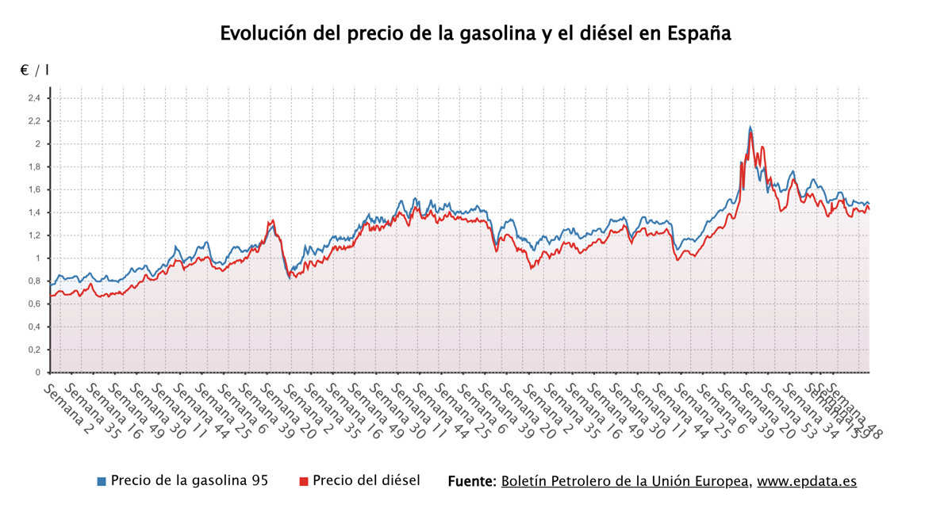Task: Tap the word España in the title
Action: pos(699,34)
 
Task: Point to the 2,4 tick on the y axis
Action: pos(34,98)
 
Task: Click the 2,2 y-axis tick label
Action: pos(34,121)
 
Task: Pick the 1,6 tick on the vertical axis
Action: pos(34,190)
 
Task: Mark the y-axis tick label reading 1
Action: pos(38,258)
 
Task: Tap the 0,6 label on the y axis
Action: pos(34,304)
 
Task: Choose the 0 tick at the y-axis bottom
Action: pos(38,373)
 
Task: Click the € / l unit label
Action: pos(34,71)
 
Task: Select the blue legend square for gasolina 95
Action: pos(101,482)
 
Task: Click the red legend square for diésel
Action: pos(303,482)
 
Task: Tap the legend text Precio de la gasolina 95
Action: pos(189,481)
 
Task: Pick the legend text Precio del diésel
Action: pos(366,481)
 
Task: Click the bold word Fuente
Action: pos(472,481)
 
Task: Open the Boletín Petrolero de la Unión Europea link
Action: pos(625,481)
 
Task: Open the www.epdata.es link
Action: pos(807,481)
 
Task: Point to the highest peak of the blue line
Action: pos(750,127)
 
